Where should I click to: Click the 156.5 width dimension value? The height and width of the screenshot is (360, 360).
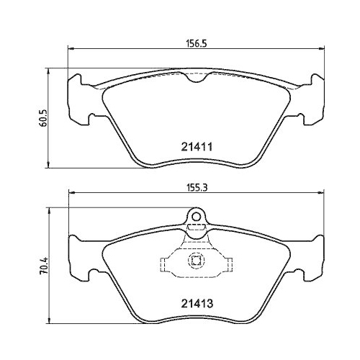pyautogui.click(x=197, y=44)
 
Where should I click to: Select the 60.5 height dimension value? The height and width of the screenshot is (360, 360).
pyautogui.click(x=44, y=118)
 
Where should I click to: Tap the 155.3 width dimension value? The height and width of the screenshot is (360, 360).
pyautogui.click(x=197, y=188)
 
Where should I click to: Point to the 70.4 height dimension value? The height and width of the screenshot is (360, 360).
pyautogui.click(x=44, y=266)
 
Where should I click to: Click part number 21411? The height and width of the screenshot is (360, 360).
pyautogui.click(x=197, y=147)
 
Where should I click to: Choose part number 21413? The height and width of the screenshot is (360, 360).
pyautogui.click(x=197, y=304)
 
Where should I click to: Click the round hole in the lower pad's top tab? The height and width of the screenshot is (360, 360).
pyautogui.click(x=197, y=217)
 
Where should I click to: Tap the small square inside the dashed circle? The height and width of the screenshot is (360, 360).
pyautogui.click(x=197, y=261)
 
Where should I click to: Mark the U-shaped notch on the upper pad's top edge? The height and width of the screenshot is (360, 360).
pyautogui.click(x=197, y=77)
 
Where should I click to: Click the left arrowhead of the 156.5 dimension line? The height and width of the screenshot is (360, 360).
pyautogui.click(x=70, y=49)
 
